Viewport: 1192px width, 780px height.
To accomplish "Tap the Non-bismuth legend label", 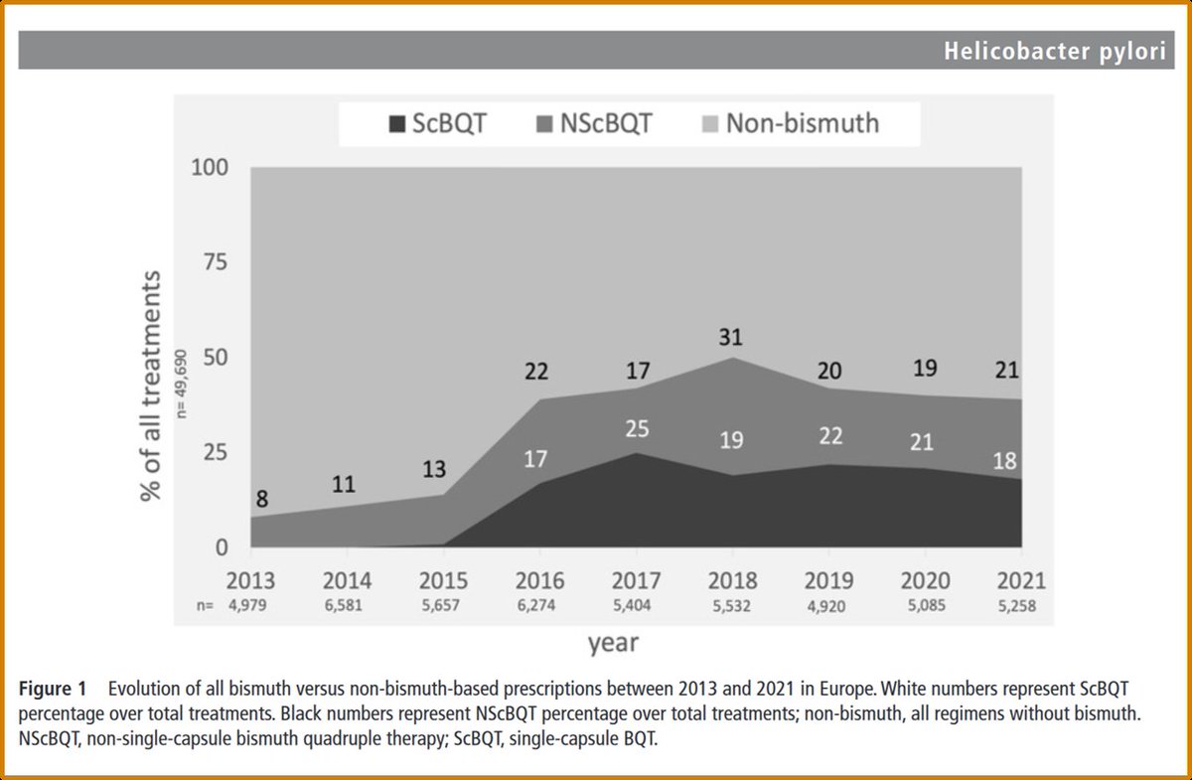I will point(802,124).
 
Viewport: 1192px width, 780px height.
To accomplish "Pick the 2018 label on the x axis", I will point(732,581).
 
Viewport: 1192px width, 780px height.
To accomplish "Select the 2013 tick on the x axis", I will point(251,581).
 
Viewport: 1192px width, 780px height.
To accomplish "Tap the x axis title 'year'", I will point(612,643).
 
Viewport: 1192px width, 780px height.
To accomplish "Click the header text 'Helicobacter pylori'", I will point(1055,51).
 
